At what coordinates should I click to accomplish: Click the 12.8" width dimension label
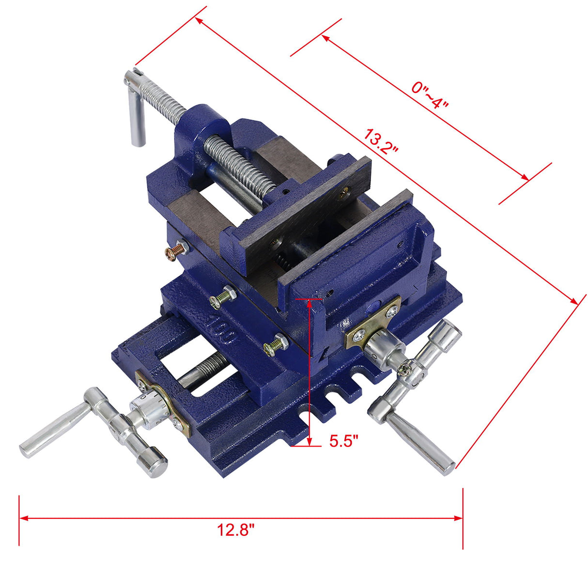point(235,530)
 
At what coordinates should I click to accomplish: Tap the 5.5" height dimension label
point(343,441)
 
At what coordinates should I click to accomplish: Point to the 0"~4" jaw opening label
point(431,95)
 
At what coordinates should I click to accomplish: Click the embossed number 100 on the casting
point(222,330)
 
